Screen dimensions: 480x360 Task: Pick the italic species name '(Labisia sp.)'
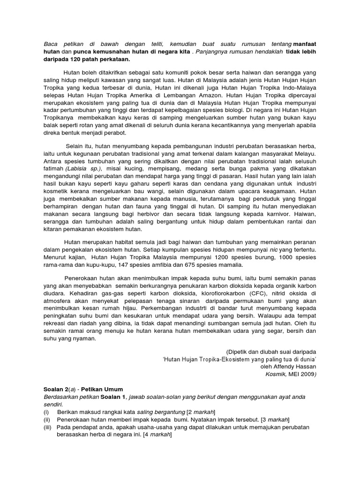[x=83, y=168]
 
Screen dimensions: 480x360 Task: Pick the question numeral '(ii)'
[x=47, y=419]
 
